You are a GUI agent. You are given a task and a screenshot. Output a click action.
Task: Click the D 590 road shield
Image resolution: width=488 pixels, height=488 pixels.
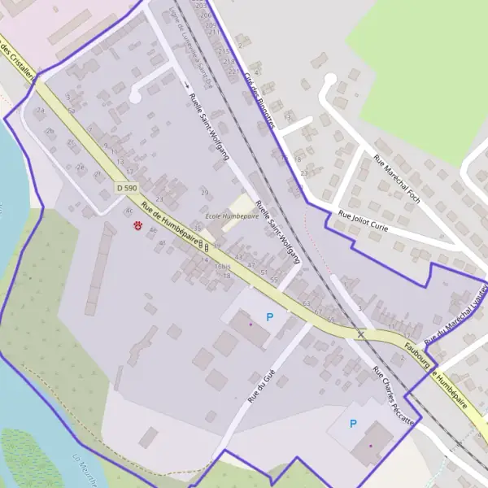(x=126, y=187)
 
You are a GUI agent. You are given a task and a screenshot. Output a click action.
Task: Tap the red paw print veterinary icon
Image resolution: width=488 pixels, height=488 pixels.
(x=137, y=224)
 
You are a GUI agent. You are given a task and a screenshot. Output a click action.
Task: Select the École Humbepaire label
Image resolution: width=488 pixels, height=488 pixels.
(x=232, y=216)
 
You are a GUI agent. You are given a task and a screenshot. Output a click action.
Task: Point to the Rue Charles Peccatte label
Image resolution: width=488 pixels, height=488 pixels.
(x=394, y=397)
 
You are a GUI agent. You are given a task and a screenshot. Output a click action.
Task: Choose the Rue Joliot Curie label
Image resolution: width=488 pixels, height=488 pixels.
(x=363, y=223)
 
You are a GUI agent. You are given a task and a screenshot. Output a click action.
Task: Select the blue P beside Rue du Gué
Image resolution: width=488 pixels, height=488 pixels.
(x=269, y=317)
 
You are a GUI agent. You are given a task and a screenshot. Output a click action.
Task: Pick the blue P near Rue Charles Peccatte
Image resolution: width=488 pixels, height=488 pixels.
(x=353, y=423)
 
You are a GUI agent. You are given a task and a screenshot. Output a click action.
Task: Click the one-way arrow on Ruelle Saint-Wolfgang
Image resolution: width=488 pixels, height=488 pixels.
(x=186, y=84)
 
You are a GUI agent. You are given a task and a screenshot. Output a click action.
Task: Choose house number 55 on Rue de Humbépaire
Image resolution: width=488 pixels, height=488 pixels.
(x=274, y=279)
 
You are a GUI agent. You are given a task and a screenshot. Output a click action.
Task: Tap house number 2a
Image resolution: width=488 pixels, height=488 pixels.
(x=40, y=111)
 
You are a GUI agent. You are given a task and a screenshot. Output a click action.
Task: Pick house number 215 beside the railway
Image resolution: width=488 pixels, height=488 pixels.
(x=224, y=50)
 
